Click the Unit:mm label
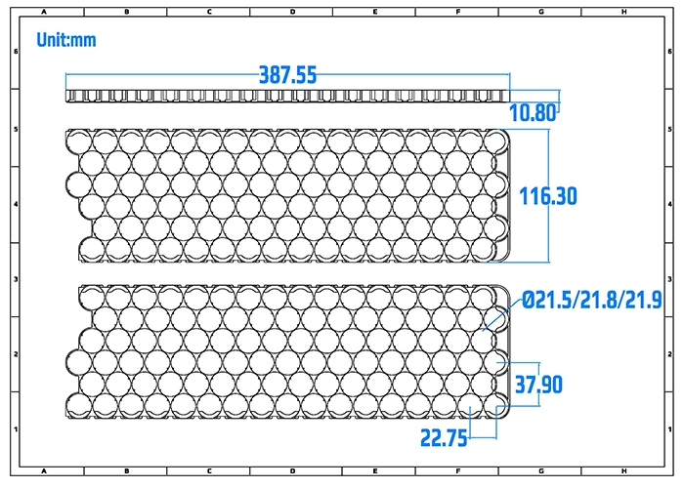[66, 41]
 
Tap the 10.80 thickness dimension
[533, 112]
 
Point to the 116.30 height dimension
[548, 196]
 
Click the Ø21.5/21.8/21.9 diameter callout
[592, 300]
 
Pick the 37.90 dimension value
[538, 385]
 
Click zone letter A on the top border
[45, 11]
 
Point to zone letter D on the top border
[293, 11]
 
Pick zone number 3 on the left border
[13, 279]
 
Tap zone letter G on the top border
[541, 11]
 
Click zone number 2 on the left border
[13, 354]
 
